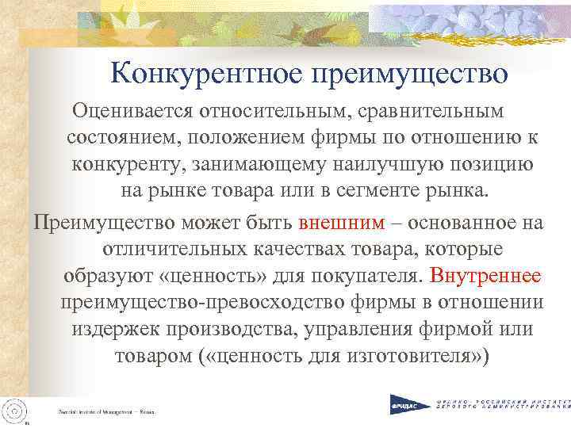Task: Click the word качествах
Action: (x=290, y=249)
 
